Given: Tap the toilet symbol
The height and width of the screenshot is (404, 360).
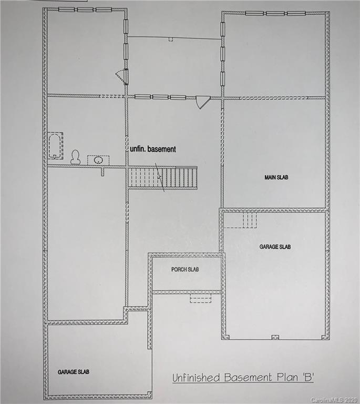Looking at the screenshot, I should [76, 157].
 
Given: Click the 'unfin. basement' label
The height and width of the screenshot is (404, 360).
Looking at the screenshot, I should [153, 149].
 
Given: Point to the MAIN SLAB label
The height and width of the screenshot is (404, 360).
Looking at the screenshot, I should [276, 177].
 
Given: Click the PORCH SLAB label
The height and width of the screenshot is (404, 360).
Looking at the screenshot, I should [185, 269].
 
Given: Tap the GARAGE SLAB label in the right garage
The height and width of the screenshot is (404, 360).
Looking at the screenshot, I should [275, 246].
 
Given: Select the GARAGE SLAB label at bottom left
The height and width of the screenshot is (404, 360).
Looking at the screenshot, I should [73, 371].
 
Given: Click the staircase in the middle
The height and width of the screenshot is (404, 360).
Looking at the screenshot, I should [162, 178].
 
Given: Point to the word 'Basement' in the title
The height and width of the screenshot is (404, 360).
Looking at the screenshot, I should [249, 378].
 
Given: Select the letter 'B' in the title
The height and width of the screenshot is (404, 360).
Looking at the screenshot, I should [306, 377].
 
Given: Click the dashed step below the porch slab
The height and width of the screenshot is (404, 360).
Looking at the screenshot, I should [200, 298].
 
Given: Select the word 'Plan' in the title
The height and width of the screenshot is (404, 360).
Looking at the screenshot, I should [286, 378].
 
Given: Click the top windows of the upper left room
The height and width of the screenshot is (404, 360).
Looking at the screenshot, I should [85, 9].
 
